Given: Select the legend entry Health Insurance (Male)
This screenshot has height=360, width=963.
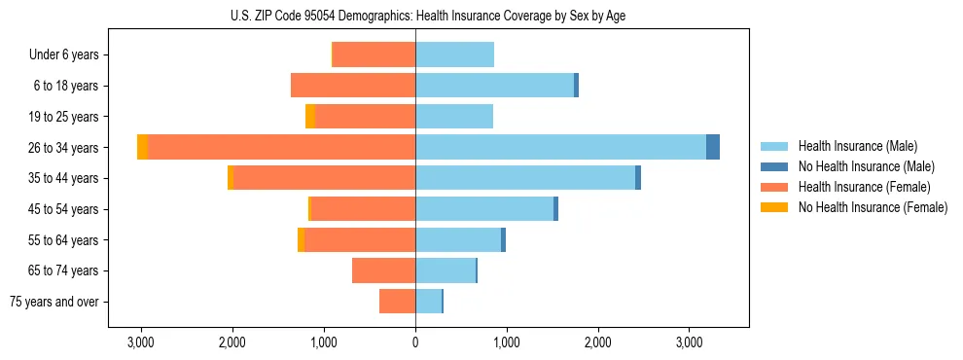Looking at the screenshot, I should [x=857, y=146].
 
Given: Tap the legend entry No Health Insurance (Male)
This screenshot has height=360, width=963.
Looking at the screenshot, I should [x=866, y=166].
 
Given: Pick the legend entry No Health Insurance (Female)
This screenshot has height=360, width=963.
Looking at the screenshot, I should [x=873, y=207].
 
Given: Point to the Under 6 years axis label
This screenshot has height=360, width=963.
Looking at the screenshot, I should [x=64, y=55].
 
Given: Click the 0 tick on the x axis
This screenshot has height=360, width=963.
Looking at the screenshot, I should [x=415, y=342].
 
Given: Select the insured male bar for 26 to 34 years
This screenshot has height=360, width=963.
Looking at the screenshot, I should [x=560, y=147].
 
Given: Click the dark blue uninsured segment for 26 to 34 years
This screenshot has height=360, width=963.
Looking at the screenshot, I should [x=713, y=147].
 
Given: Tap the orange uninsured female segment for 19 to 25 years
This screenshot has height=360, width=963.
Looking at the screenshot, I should [x=310, y=117].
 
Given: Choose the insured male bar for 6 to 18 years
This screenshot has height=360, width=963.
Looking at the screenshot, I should [x=494, y=86].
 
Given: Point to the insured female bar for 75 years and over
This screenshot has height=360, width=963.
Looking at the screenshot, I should [x=397, y=302].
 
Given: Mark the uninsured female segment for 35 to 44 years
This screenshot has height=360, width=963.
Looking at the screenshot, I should [x=231, y=178].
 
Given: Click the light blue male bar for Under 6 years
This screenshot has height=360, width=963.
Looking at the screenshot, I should [x=454, y=55].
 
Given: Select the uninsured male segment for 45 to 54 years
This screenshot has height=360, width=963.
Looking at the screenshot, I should [x=555, y=209].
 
